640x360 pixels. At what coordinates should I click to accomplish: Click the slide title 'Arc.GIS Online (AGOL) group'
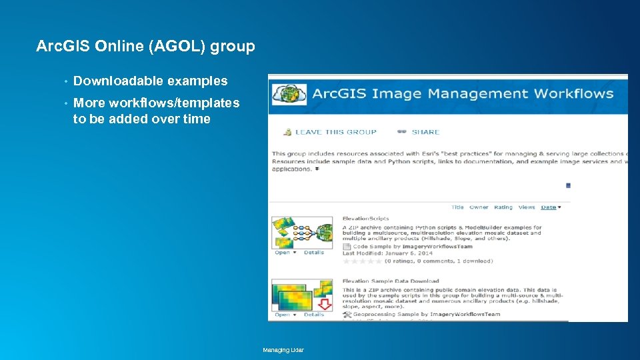click(x=145, y=46)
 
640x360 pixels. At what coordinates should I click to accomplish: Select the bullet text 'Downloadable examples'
click(x=150, y=81)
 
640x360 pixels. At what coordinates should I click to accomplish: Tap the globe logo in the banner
click(x=289, y=94)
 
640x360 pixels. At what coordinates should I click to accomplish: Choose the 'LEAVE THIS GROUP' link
click(x=335, y=132)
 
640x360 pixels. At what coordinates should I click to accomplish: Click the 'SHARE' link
click(x=425, y=132)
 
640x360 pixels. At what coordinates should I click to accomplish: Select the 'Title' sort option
click(x=457, y=207)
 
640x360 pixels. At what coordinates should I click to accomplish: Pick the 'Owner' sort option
click(x=479, y=207)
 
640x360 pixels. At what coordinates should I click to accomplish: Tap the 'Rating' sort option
click(x=503, y=207)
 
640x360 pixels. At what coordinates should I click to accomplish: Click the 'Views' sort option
click(x=527, y=207)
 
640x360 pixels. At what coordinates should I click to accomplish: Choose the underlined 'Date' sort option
click(x=549, y=207)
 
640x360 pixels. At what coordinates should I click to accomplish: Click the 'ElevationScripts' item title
click(x=365, y=219)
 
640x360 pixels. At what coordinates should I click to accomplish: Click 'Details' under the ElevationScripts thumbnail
click(x=314, y=253)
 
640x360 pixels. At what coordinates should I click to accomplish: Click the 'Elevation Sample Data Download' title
click(x=391, y=281)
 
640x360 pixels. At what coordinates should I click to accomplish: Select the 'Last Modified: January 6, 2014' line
click(x=387, y=253)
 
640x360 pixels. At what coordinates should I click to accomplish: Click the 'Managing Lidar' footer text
click(x=283, y=350)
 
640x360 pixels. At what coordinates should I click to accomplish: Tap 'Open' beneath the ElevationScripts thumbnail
click(x=283, y=253)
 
